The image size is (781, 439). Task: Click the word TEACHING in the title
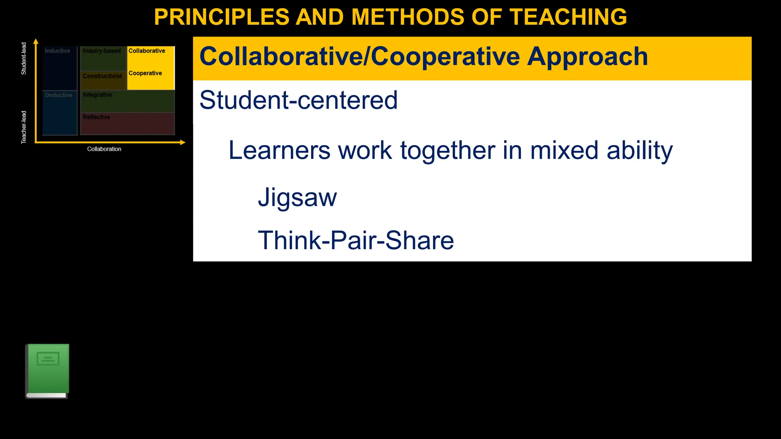(568, 17)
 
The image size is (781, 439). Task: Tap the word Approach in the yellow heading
(587, 57)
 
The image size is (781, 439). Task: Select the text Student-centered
(298, 100)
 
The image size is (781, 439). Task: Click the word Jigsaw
(297, 197)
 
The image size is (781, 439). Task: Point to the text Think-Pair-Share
(356, 240)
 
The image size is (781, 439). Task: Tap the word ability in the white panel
(640, 151)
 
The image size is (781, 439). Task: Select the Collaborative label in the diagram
(147, 51)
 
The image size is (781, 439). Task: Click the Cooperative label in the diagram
(145, 73)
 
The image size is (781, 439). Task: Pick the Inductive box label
(57, 51)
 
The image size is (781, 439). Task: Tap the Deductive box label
(58, 95)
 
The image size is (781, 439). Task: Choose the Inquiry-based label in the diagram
(101, 51)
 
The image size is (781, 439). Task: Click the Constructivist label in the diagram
(102, 76)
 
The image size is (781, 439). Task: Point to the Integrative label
(97, 95)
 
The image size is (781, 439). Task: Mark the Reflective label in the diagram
(96, 117)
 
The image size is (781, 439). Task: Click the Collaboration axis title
(104, 149)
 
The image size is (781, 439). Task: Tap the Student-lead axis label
(24, 58)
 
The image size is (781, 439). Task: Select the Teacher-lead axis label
(24, 127)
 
